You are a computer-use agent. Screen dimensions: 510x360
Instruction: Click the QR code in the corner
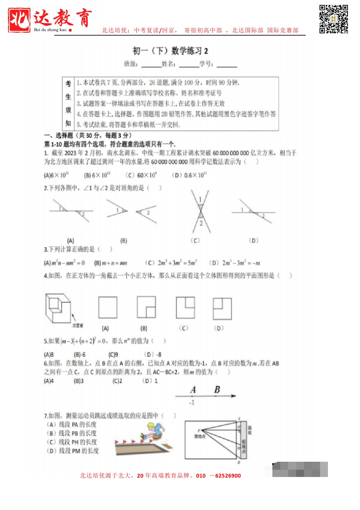(x=333, y=19)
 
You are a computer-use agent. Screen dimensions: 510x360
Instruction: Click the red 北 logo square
(x=19, y=20)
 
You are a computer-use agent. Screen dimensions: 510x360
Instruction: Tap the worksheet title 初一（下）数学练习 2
(x=170, y=51)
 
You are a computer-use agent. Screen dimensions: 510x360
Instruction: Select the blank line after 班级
(x=151, y=65)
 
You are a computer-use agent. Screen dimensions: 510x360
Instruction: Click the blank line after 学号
(x=227, y=65)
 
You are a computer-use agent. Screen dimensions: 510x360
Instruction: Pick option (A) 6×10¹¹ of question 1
(x=56, y=175)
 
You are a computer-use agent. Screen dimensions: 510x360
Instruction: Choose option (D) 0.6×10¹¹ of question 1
(x=189, y=175)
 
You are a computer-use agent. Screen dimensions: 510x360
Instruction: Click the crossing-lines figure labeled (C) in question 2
(x=200, y=211)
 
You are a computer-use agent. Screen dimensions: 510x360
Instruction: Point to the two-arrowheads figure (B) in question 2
(x=131, y=212)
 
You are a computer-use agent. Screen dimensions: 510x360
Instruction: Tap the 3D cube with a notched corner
(x=58, y=308)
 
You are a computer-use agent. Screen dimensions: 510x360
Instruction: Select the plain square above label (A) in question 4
(x=108, y=307)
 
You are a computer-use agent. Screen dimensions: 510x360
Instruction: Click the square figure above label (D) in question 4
(x=222, y=309)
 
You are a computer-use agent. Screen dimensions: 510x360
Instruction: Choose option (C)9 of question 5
(x=113, y=354)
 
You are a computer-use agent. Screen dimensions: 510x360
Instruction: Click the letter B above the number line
(x=217, y=389)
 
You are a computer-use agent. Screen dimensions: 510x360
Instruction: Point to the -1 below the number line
(x=192, y=402)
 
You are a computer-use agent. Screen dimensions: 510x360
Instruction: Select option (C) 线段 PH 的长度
(x=72, y=442)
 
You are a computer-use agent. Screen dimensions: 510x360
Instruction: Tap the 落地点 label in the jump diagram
(x=200, y=436)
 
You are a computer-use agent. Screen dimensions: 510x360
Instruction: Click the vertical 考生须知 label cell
(x=68, y=104)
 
